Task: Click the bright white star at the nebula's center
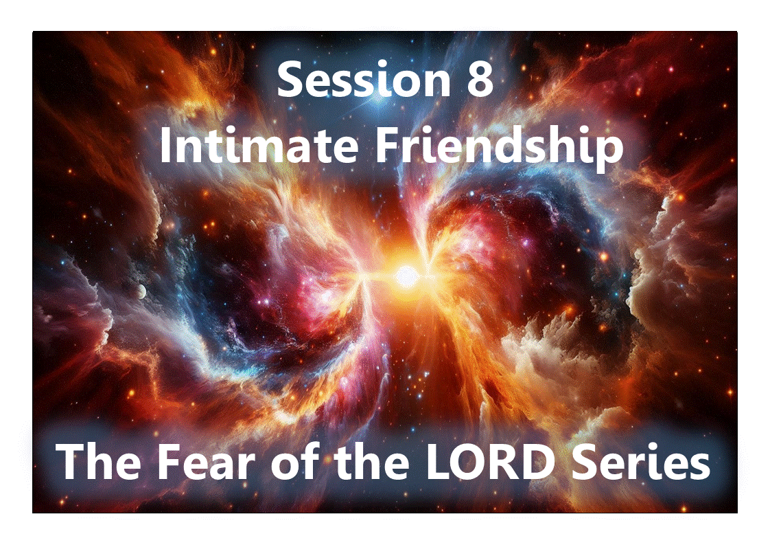point(406,276)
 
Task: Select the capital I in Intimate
point(165,146)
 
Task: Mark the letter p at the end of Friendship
point(609,153)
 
